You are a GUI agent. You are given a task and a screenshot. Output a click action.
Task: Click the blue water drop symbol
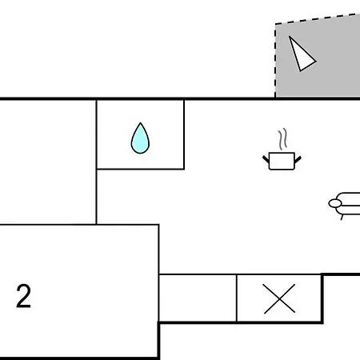point(140,138)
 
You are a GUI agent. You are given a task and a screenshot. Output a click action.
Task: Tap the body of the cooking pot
point(282,161)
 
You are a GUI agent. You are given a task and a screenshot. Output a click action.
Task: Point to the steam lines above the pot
point(283,139)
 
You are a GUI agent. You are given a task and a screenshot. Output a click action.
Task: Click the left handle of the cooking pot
point(266,159)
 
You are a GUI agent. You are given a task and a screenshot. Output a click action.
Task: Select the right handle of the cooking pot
point(298,159)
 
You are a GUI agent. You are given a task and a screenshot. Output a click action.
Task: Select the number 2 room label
point(23,296)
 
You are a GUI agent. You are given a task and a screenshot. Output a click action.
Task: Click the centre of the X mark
point(279,298)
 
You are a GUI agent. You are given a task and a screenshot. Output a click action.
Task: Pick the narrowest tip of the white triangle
point(290,37)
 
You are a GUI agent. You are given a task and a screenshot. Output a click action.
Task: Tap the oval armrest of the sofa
point(335,203)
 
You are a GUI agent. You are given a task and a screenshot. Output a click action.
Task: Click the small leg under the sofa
point(342,218)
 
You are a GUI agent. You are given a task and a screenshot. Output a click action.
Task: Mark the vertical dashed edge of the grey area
point(275,60)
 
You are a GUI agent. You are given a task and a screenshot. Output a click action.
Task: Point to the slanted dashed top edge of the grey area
point(318,18)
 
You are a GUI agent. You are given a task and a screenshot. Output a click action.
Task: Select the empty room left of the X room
point(198,298)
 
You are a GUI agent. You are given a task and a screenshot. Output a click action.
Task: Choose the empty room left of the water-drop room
point(47,162)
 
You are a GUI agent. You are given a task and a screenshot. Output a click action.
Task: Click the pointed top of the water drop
point(141,123)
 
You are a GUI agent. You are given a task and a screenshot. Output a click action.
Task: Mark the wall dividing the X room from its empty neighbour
point(237,298)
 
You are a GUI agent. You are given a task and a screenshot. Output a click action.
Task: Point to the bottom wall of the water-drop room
point(140,169)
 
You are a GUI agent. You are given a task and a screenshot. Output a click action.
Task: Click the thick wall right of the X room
point(322,298)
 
